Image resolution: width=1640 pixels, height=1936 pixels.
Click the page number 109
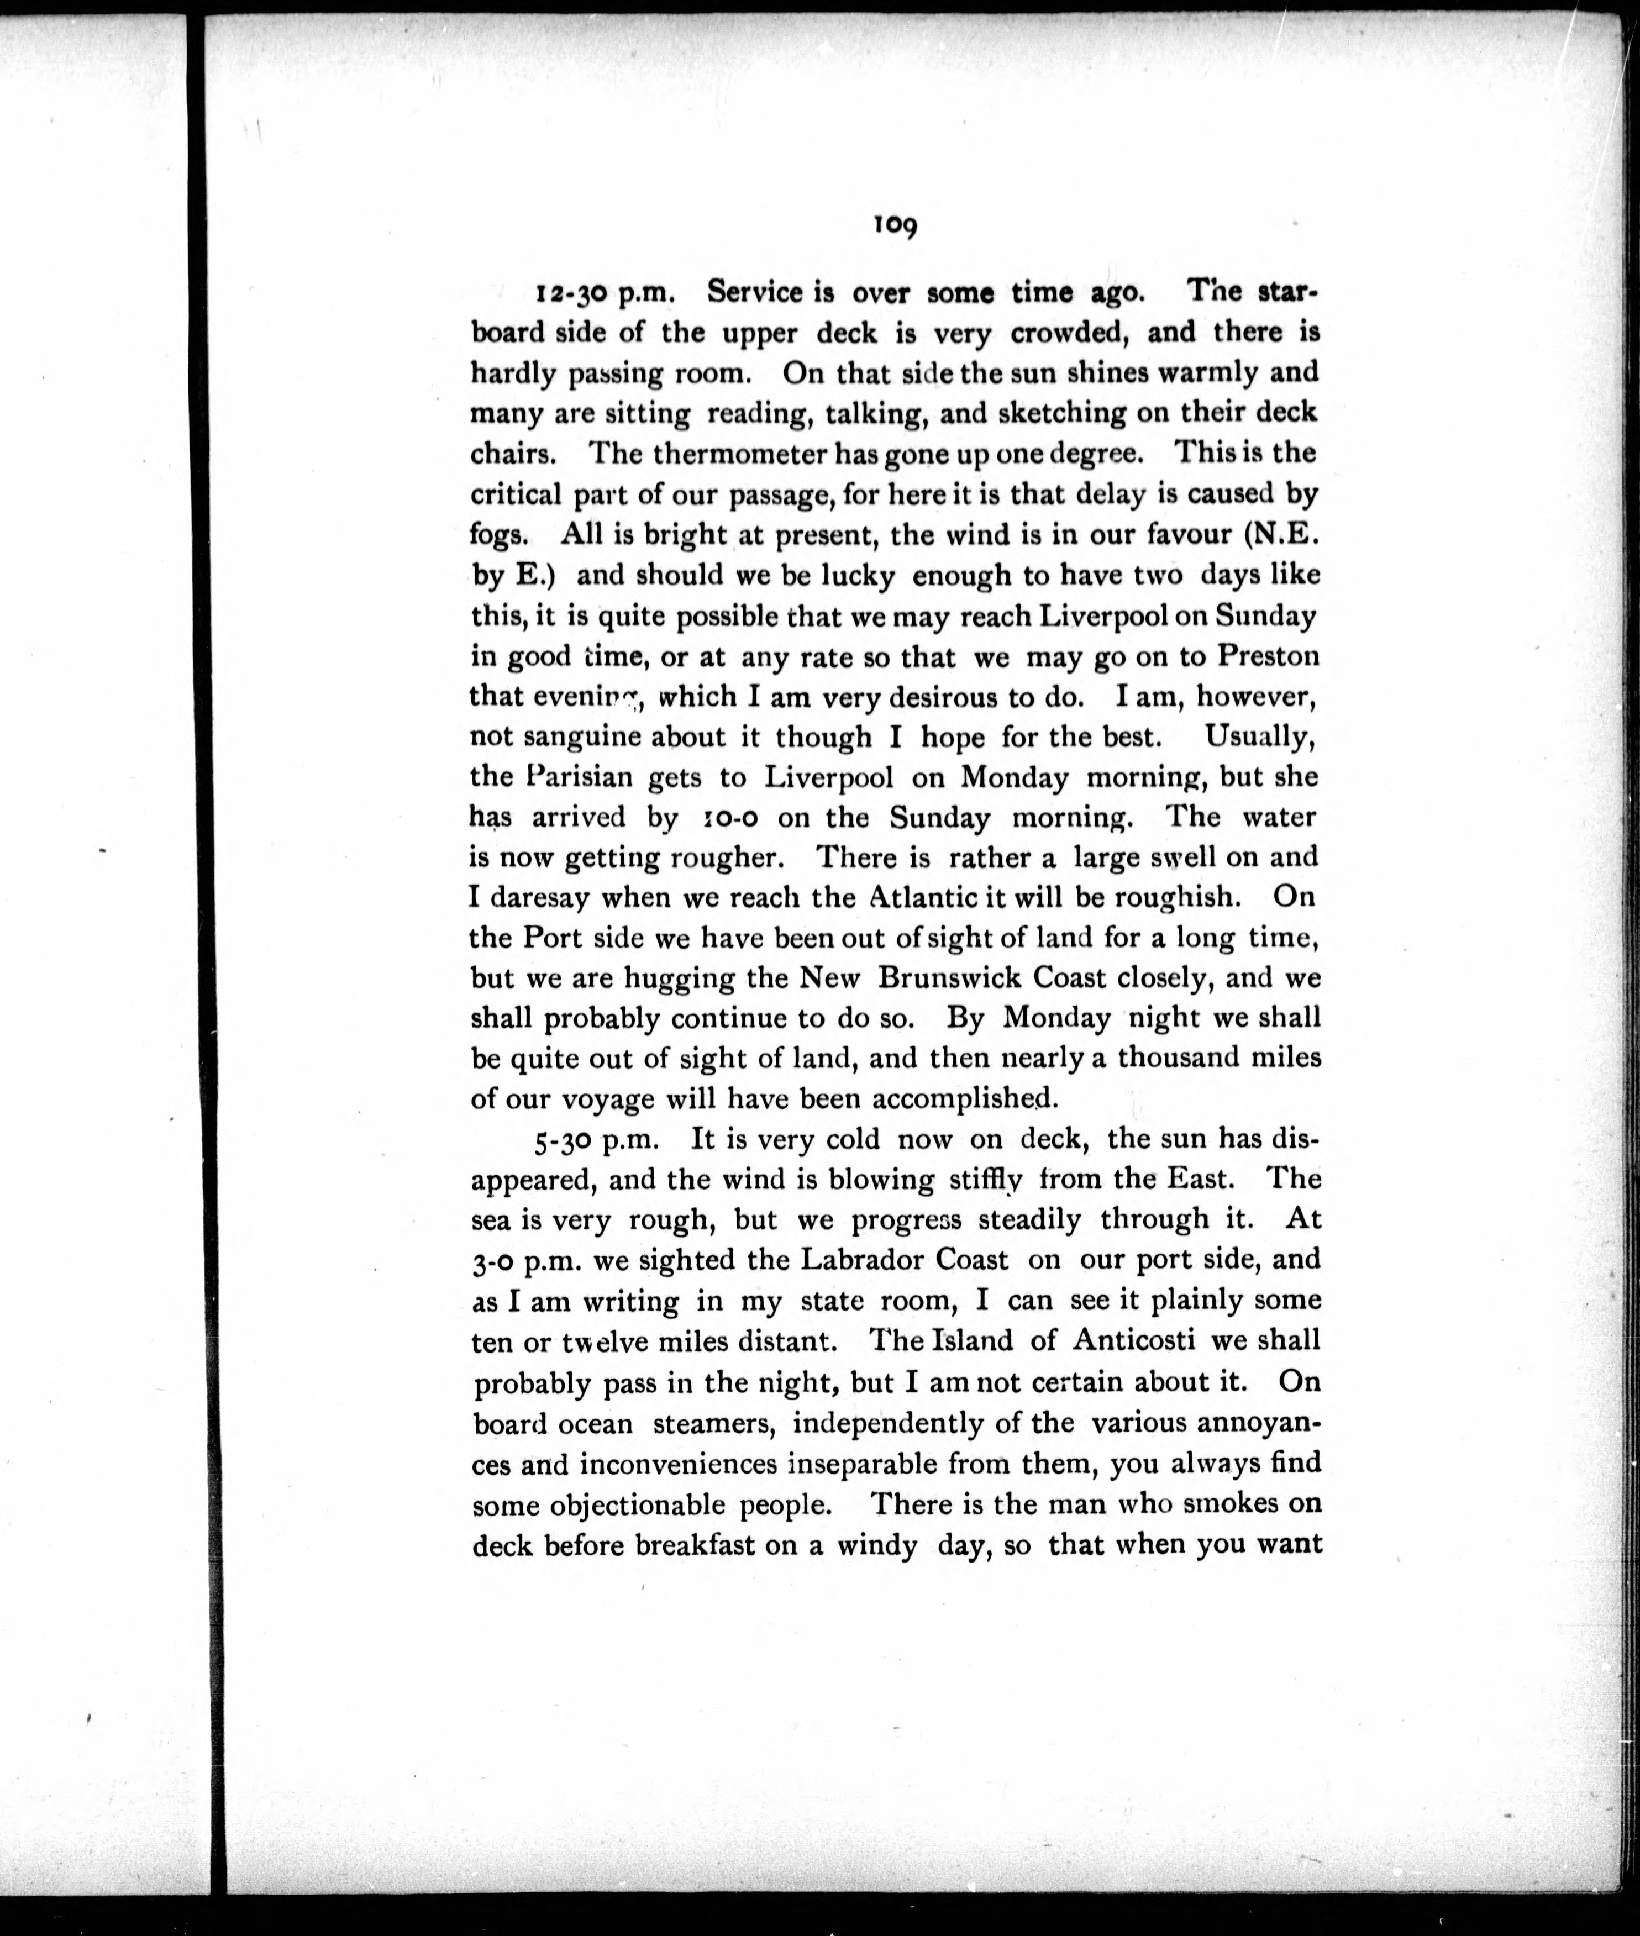click(895, 226)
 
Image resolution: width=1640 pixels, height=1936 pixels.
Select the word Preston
click(1268, 656)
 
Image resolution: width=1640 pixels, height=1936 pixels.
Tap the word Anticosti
click(1153, 1340)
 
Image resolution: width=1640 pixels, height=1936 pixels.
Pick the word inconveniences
click(679, 1464)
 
